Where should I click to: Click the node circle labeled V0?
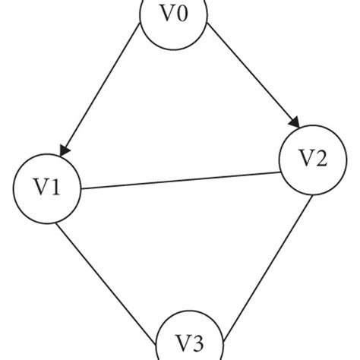(174, 17)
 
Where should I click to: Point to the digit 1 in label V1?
(57, 188)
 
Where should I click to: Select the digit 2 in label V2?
(321, 159)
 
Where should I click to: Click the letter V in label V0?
(166, 17)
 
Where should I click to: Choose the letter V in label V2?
(305, 159)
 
